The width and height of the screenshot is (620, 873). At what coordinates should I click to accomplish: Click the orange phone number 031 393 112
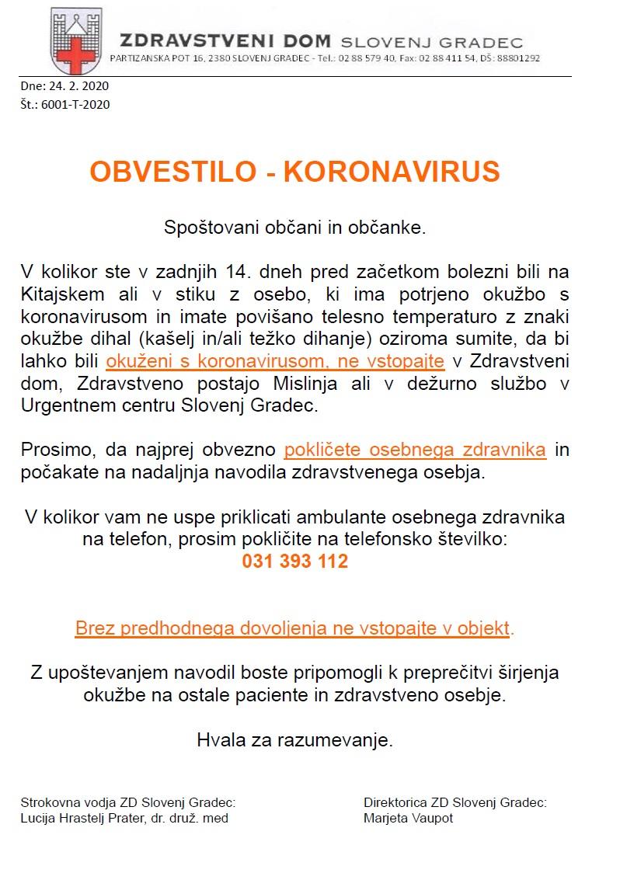click(294, 561)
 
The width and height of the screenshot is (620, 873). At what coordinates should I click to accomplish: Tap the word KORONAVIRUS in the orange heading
click(392, 172)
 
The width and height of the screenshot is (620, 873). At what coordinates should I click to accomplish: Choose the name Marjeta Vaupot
click(408, 818)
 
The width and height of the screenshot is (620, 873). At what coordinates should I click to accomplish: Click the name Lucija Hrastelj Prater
click(85, 818)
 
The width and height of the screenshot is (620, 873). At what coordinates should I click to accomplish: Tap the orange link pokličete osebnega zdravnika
click(415, 450)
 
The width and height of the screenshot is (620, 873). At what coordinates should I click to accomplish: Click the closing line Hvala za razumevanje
click(294, 740)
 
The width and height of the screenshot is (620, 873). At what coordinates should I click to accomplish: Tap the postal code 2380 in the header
click(197, 58)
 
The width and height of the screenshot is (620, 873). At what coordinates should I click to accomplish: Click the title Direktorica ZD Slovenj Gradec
click(455, 802)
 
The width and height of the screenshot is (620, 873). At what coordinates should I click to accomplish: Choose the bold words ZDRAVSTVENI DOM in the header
click(226, 41)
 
